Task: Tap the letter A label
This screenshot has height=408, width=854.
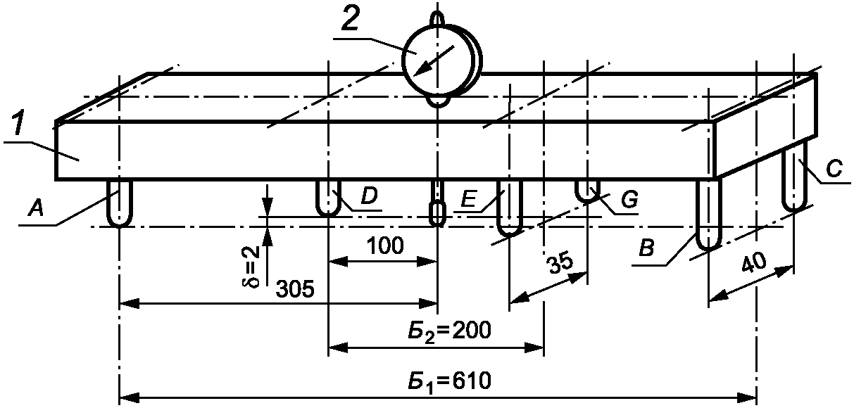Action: click(37, 209)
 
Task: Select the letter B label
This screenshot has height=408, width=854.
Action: click(646, 248)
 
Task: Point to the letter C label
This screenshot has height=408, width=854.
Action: click(834, 168)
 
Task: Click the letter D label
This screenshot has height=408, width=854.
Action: click(369, 196)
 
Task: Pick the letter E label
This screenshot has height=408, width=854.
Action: click(469, 198)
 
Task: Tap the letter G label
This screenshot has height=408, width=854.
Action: click(629, 200)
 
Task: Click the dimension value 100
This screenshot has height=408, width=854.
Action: click(385, 246)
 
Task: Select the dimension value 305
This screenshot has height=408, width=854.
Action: click(295, 289)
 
